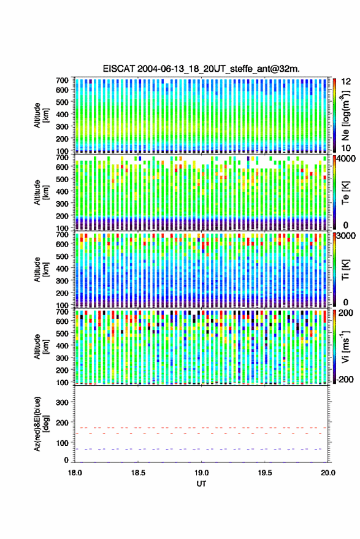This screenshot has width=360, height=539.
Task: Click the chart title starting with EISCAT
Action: tap(201, 69)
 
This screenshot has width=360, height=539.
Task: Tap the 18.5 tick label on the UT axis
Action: tap(138, 473)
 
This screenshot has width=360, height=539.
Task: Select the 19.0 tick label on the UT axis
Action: tap(202, 473)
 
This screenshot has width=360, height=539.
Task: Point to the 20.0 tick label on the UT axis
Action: tap(328, 473)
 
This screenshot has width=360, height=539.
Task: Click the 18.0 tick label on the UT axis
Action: tap(75, 473)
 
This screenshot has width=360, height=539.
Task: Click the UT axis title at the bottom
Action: tap(202, 484)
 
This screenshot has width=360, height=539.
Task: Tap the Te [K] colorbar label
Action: tap(345, 193)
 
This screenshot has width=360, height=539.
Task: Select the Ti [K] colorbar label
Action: tap(345, 270)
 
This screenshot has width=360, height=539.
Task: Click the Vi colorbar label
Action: tap(345, 346)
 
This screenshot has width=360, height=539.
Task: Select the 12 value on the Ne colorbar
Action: tap(346, 82)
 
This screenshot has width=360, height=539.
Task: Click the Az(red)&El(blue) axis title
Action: tap(41, 424)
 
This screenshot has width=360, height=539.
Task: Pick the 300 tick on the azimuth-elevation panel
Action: tap(63, 402)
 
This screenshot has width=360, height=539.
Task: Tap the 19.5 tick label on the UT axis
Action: tap(265, 473)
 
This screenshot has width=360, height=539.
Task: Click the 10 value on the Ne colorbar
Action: tap(346, 148)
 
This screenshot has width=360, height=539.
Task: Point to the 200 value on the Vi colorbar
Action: tap(346, 313)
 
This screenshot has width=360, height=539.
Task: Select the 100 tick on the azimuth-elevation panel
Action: tap(63, 443)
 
